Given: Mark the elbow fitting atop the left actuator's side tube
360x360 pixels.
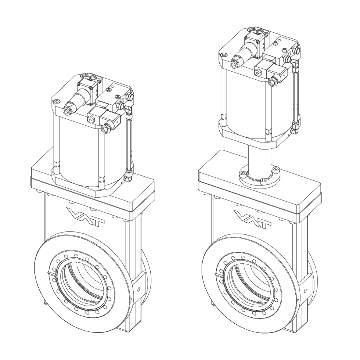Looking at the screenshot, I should click(x=127, y=109).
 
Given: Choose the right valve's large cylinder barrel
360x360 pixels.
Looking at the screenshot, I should click(x=244, y=101).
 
